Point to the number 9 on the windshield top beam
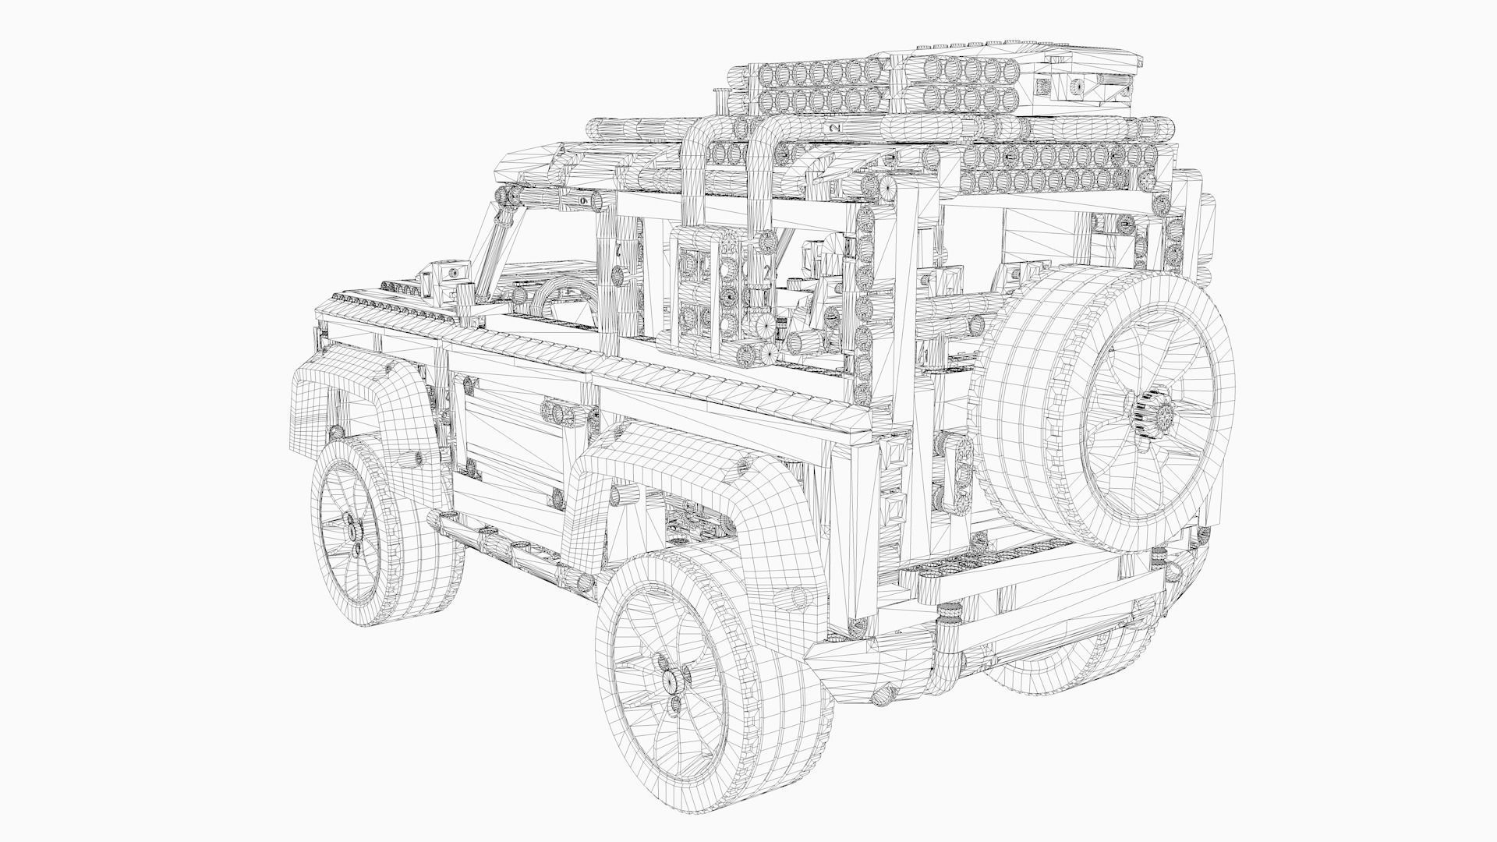[x=584, y=201]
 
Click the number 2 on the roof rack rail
[x=835, y=127]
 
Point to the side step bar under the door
[x=507, y=550]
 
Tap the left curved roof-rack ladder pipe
[x=694, y=172]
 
